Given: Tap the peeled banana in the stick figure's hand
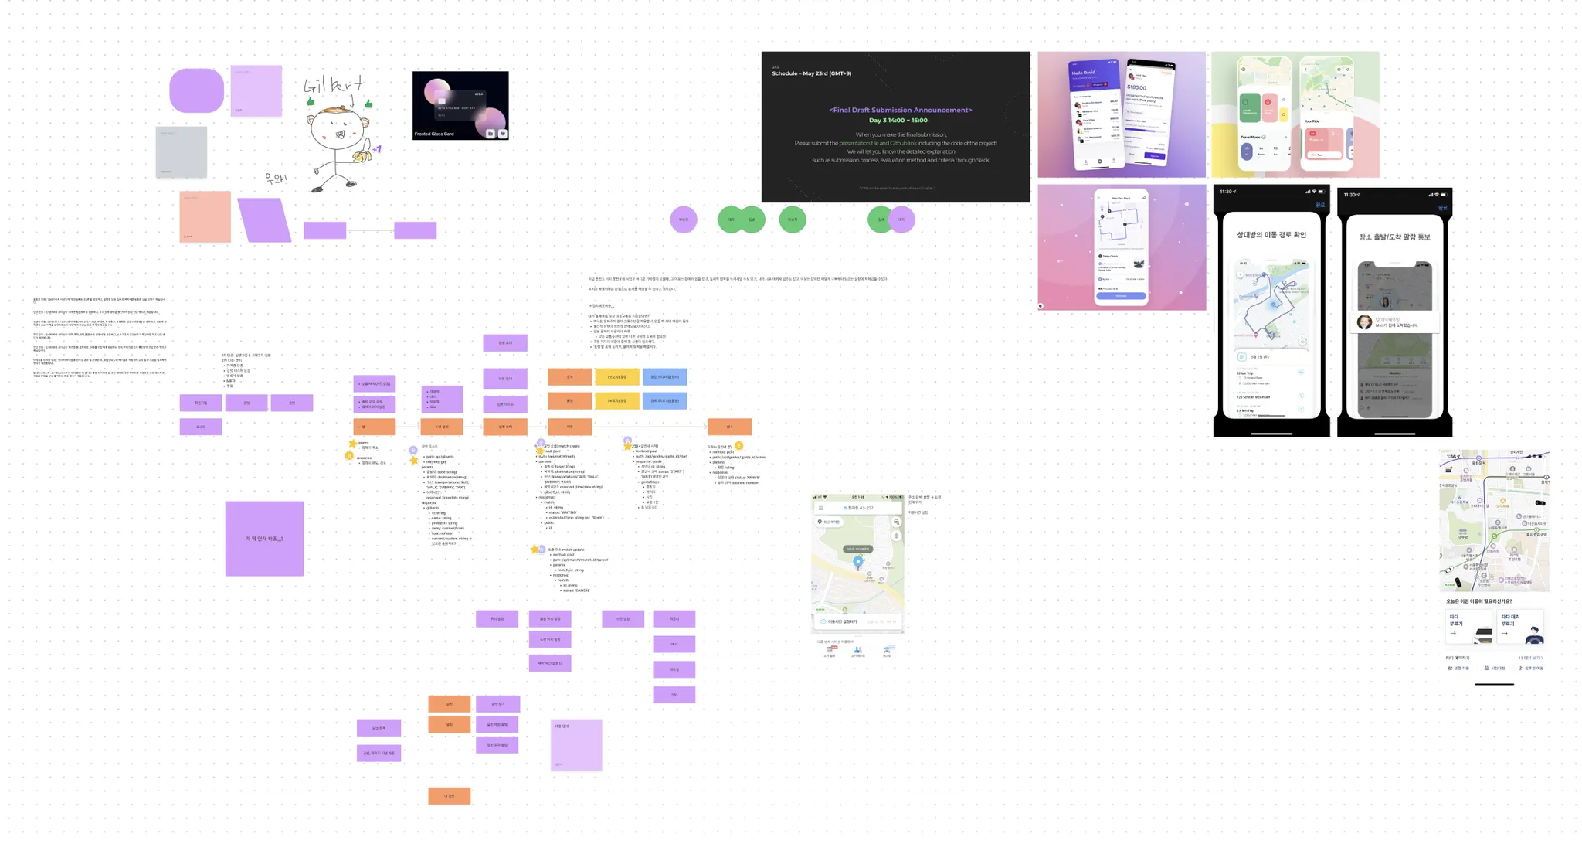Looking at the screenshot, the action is [361, 157].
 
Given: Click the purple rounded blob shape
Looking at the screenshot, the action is [197, 90].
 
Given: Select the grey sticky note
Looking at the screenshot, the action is [182, 152].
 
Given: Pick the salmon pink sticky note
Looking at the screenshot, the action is [205, 217].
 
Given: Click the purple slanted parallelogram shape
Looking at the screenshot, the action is [264, 220].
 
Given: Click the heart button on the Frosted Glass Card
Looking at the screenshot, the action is [503, 134].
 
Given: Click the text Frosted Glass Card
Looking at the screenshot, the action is [434, 134].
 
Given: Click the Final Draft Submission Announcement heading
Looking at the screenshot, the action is [900, 110].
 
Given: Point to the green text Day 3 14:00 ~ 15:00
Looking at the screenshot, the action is [898, 121].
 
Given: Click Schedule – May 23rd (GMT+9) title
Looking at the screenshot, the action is [811, 73].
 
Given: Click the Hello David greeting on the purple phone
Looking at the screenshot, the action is [1083, 73].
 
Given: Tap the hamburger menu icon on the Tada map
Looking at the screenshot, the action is [1448, 470].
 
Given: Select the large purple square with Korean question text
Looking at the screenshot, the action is [264, 539].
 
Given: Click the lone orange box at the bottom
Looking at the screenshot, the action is [449, 795].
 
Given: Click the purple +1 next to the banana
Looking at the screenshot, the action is [376, 149].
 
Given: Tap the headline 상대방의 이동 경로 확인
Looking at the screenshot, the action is [1271, 235].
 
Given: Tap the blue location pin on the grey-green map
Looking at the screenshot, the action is [857, 562].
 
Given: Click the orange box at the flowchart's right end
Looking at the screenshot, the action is [729, 426].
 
